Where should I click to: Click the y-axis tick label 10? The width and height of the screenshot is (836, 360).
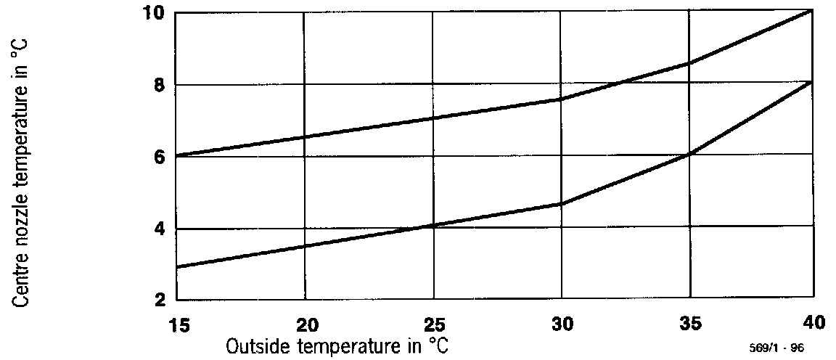(156, 13)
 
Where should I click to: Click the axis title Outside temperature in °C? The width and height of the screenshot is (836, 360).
(337, 347)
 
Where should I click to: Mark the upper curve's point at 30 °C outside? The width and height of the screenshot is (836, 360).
(562, 99)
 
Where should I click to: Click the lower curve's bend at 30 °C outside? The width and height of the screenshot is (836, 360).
(562, 204)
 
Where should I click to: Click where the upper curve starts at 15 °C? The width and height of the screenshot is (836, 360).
(178, 155)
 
